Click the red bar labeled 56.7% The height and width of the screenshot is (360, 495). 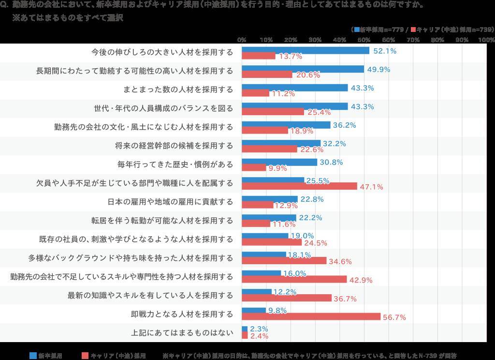311,316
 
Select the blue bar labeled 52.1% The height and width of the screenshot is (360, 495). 306,50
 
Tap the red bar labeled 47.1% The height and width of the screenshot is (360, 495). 299,186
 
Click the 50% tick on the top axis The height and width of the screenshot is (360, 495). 364,40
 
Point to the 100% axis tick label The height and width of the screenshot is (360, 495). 486,40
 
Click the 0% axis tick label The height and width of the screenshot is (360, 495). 242,40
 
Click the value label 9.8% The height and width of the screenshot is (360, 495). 277,310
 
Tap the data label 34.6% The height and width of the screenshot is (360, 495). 340,262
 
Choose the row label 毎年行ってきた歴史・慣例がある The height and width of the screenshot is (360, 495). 175,165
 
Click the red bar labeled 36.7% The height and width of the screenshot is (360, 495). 287,298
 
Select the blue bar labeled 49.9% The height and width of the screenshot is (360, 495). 303,69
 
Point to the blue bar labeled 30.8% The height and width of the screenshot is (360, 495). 279,162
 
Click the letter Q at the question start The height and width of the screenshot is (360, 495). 4,6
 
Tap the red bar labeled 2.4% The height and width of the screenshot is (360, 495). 245,335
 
